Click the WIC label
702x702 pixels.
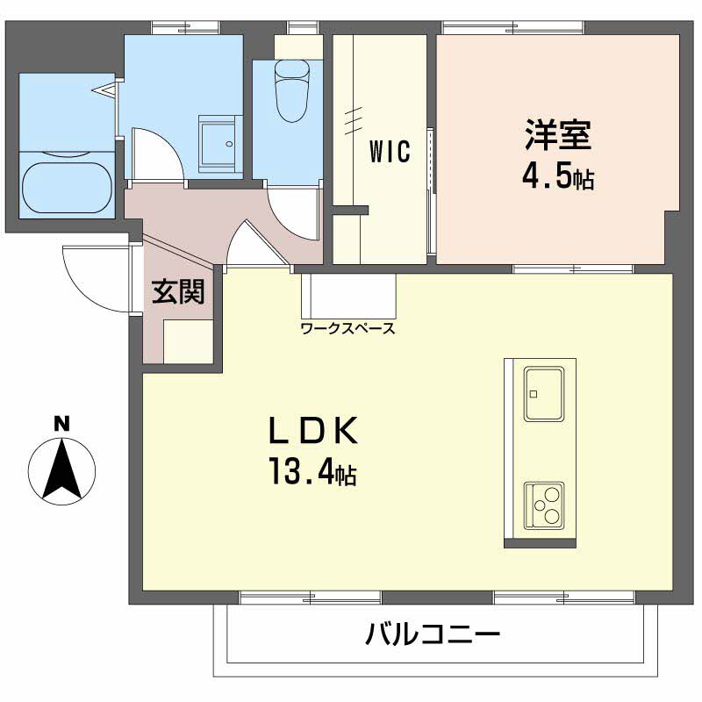pyautogui.click(x=390, y=151)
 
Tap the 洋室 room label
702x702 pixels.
pyautogui.click(x=558, y=134)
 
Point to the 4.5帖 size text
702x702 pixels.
pyautogui.click(x=558, y=176)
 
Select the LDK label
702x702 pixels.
pyautogui.click(x=313, y=430)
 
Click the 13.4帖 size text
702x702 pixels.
pyautogui.click(x=312, y=471)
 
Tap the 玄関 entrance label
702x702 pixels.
pyautogui.click(x=178, y=291)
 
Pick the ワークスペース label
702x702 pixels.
pyautogui.click(x=348, y=328)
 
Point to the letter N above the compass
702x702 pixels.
pyautogui.click(x=61, y=424)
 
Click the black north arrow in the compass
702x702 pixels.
pyautogui.click(x=61, y=469)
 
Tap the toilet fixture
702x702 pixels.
pyautogui.click(x=292, y=91)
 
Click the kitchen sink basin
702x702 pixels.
pyautogui.click(x=543, y=394)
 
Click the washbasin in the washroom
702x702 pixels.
pyautogui.click(x=217, y=144)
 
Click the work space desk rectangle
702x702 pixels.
pyautogui.click(x=348, y=297)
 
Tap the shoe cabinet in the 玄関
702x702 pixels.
pyautogui.click(x=188, y=341)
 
